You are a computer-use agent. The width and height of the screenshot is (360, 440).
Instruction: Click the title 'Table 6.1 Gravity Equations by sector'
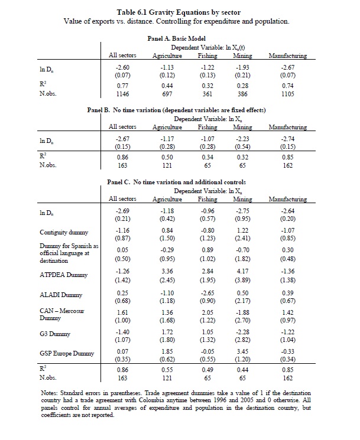click(179, 12)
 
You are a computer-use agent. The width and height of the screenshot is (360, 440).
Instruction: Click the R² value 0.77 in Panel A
click(122, 85)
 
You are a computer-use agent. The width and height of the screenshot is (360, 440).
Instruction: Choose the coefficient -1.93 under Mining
click(242, 69)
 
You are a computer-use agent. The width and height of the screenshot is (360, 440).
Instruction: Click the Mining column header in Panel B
click(242, 127)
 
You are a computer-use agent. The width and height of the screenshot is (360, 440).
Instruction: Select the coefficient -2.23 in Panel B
click(242, 140)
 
